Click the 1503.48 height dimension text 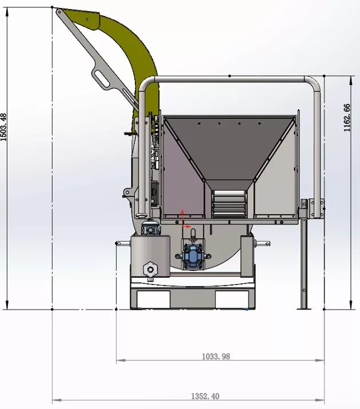tap(3, 127)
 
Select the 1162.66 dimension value tap(347, 118)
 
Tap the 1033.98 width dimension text tap(216, 356)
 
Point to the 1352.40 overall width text tap(205, 396)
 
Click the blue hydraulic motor tap(193, 256)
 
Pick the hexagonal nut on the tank tap(150, 268)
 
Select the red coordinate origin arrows tap(184, 220)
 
